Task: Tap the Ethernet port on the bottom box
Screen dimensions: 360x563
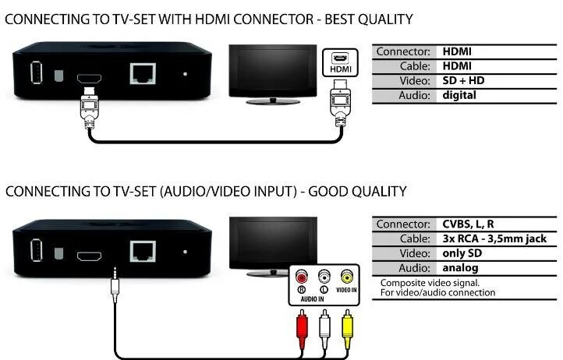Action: click(x=142, y=251)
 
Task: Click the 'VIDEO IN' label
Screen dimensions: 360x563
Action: click(x=346, y=289)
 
